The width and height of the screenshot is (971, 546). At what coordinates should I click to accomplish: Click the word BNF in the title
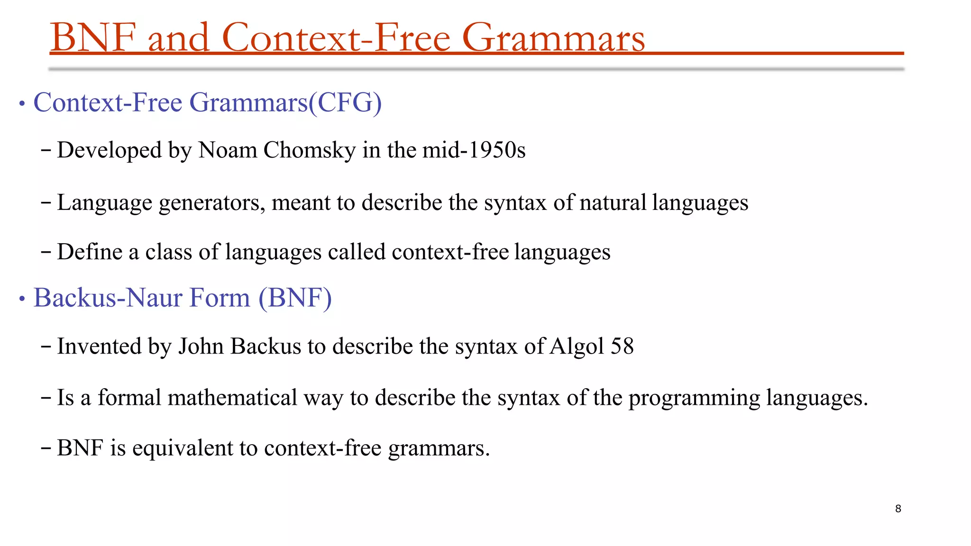93,38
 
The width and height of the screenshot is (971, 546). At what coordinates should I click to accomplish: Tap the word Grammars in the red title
553,38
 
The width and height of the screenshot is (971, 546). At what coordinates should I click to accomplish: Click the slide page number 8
898,509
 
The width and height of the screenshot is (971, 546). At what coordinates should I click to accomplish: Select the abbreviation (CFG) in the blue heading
345,102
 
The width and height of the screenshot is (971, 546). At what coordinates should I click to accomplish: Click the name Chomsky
309,150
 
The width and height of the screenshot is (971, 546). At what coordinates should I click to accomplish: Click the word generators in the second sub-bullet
212,203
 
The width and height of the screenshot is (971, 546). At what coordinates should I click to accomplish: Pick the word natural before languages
613,202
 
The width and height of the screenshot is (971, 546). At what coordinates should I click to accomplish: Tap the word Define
90,252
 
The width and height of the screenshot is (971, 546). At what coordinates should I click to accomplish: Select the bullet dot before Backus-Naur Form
21,299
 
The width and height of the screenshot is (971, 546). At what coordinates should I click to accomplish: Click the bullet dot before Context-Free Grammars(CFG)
21,103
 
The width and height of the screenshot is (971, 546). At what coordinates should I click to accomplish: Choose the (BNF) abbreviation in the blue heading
295,298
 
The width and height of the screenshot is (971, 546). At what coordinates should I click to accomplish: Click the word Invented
100,346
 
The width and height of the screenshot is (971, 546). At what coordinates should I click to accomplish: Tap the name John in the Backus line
201,346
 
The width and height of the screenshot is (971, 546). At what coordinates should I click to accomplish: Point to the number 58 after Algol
622,346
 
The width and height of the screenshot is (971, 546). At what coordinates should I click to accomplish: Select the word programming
694,398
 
